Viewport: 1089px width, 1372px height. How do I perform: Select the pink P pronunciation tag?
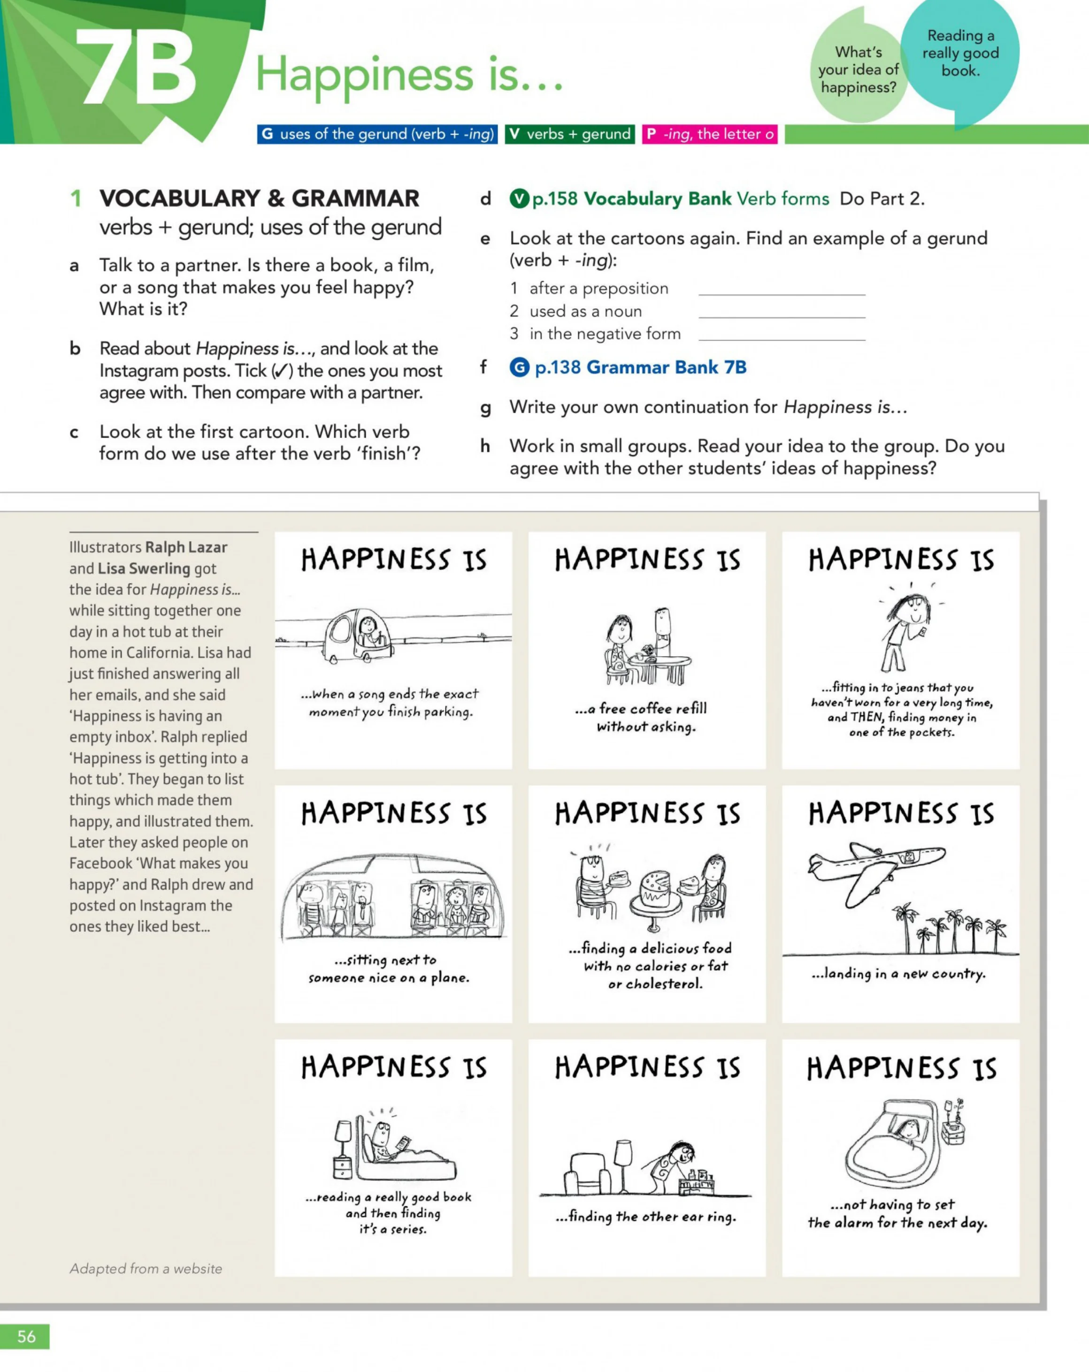coord(710,134)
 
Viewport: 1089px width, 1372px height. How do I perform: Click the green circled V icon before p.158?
coord(519,199)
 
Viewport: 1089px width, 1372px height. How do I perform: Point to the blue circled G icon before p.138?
coord(519,367)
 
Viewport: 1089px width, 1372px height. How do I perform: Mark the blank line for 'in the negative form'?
coord(782,340)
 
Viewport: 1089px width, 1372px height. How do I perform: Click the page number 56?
coord(26,1336)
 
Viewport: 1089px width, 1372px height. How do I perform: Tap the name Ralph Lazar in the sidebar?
coord(186,547)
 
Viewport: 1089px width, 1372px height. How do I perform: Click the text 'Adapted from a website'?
coord(146,1268)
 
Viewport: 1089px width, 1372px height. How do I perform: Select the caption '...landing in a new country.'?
coord(898,973)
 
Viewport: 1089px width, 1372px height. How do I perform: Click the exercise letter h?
coord(485,446)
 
